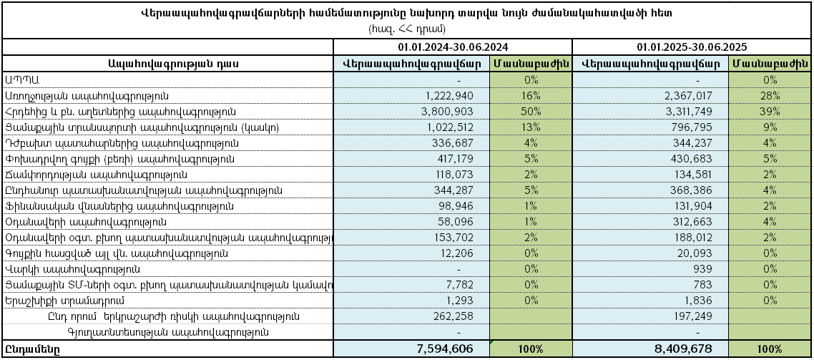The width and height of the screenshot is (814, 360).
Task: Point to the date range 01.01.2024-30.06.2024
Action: click(x=453, y=47)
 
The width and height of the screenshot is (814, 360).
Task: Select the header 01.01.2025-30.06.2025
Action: click(x=692, y=47)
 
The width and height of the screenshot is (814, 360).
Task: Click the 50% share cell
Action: click(x=531, y=111)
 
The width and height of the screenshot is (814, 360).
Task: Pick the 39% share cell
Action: click(x=770, y=111)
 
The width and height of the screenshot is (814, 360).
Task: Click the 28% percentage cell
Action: click(x=770, y=95)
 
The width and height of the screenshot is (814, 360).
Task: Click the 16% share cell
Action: click(x=531, y=95)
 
